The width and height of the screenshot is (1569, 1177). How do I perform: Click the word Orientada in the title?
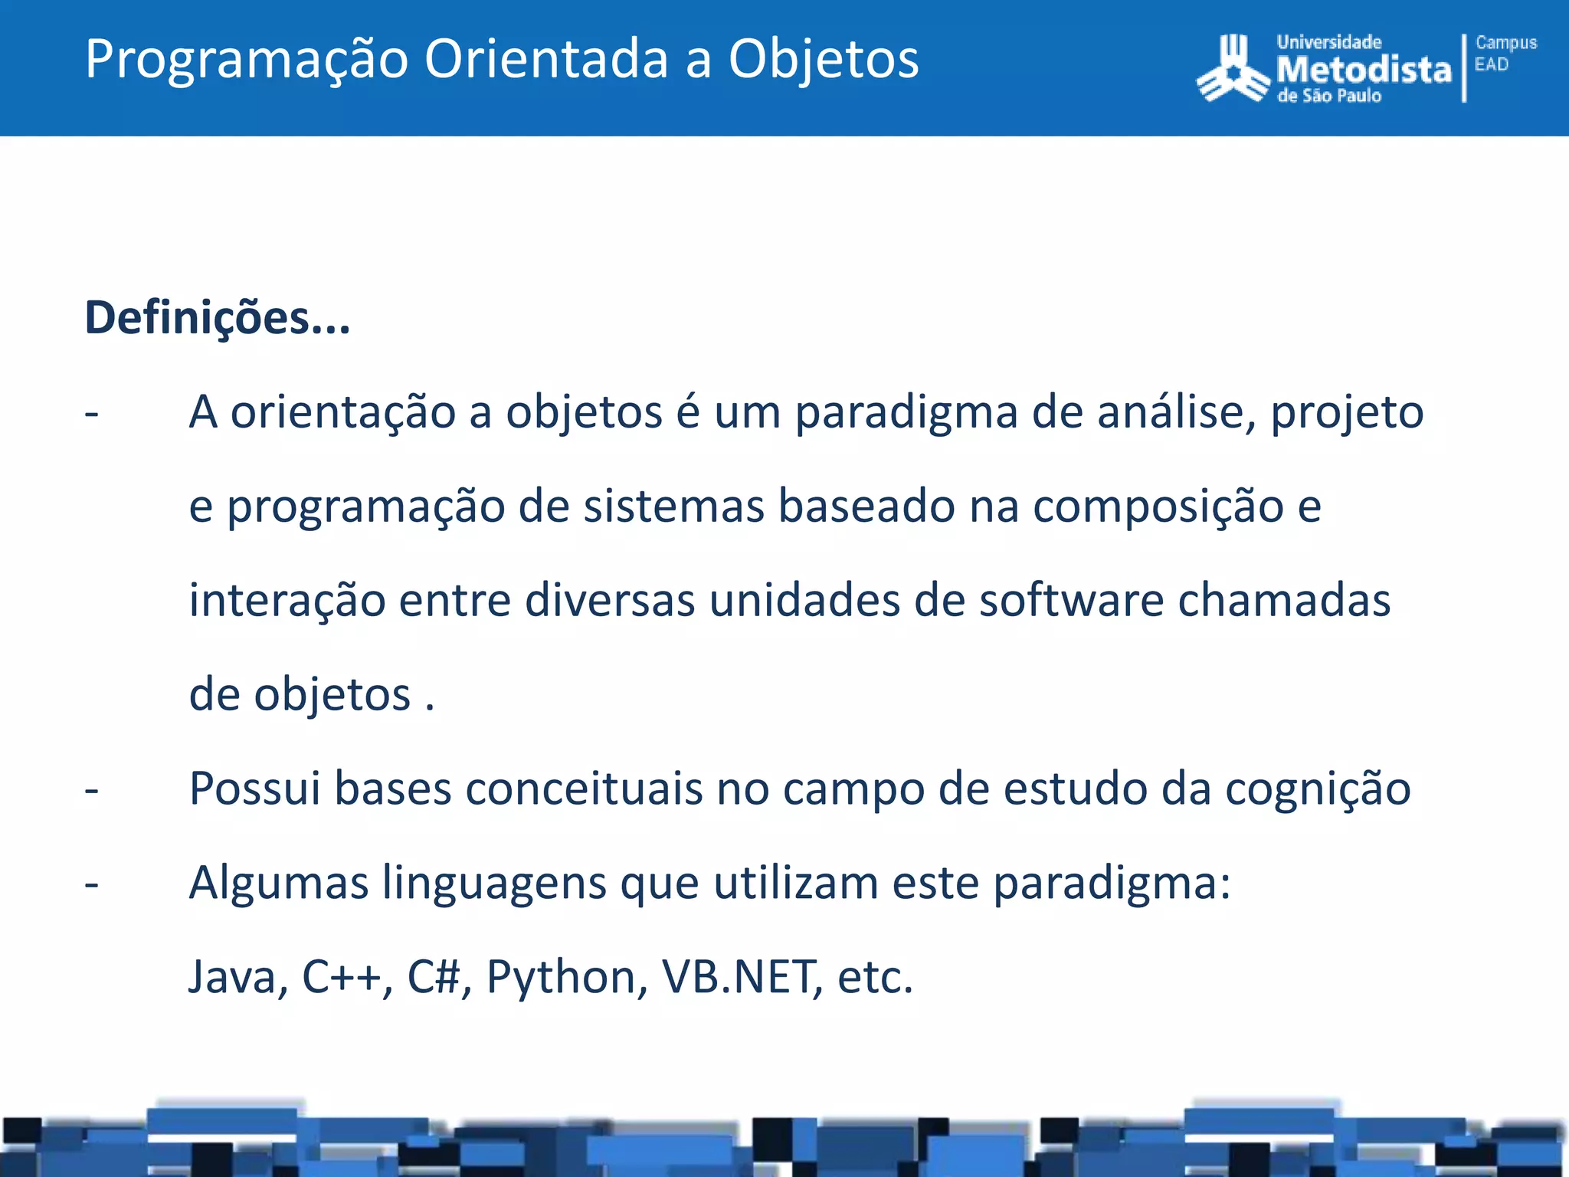click(x=546, y=59)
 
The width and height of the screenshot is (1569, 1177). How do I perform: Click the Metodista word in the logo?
click(x=1364, y=70)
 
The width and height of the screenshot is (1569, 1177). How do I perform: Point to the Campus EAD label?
click(x=1505, y=54)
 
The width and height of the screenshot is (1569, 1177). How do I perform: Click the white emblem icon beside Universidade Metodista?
click(x=1233, y=69)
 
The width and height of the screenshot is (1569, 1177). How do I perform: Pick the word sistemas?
click(x=673, y=507)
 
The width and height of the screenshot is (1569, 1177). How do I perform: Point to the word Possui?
click(x=254, y=788)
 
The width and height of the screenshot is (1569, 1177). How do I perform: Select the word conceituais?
click(x=583, y=788)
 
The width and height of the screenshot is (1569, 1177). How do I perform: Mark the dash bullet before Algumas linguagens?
click(x=92, y=884)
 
